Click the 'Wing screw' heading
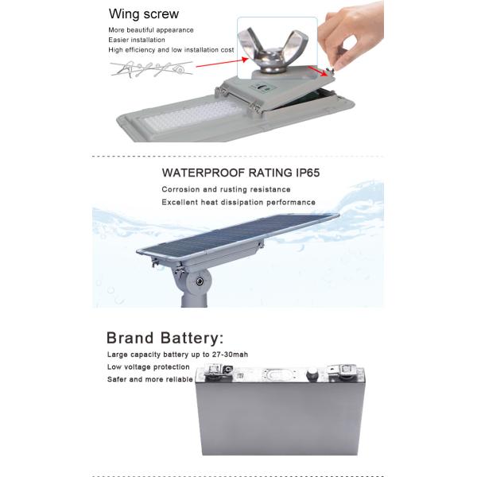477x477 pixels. (143, 14)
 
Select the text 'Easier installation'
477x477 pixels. (137, 39)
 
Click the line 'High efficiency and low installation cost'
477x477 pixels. (171, 49)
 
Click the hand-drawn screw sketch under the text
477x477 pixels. (151, 69)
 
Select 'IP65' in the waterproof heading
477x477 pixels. (302, 171)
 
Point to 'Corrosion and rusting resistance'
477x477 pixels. (226, 190)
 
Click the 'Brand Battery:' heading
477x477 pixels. (165, 337)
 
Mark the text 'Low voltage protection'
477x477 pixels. (149, 367)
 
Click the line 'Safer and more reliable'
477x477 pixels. (150, 379)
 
